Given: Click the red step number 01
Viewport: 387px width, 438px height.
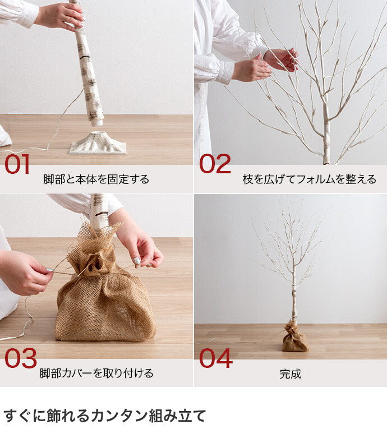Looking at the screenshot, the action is tap(17, 164).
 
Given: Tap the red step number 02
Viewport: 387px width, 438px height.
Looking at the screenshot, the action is tap(215, 164).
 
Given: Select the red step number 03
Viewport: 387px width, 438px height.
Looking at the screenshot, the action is tap(21, 358).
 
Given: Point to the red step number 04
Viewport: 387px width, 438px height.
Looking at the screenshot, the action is tap(215, 358).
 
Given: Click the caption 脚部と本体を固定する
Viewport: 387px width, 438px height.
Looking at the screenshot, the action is tap(96, 179).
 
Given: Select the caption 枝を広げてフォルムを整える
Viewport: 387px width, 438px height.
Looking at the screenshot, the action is tap(310, 179).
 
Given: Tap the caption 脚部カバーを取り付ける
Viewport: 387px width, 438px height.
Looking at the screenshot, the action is tap(96, 373).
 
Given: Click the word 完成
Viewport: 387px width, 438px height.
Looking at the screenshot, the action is tap(291, 374).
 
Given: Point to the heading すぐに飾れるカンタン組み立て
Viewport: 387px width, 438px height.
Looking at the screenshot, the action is tap(104, 416).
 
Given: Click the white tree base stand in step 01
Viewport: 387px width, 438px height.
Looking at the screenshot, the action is tap(98, 143).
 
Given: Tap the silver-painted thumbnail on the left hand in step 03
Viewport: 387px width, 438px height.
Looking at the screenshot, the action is tap(49, 270).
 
